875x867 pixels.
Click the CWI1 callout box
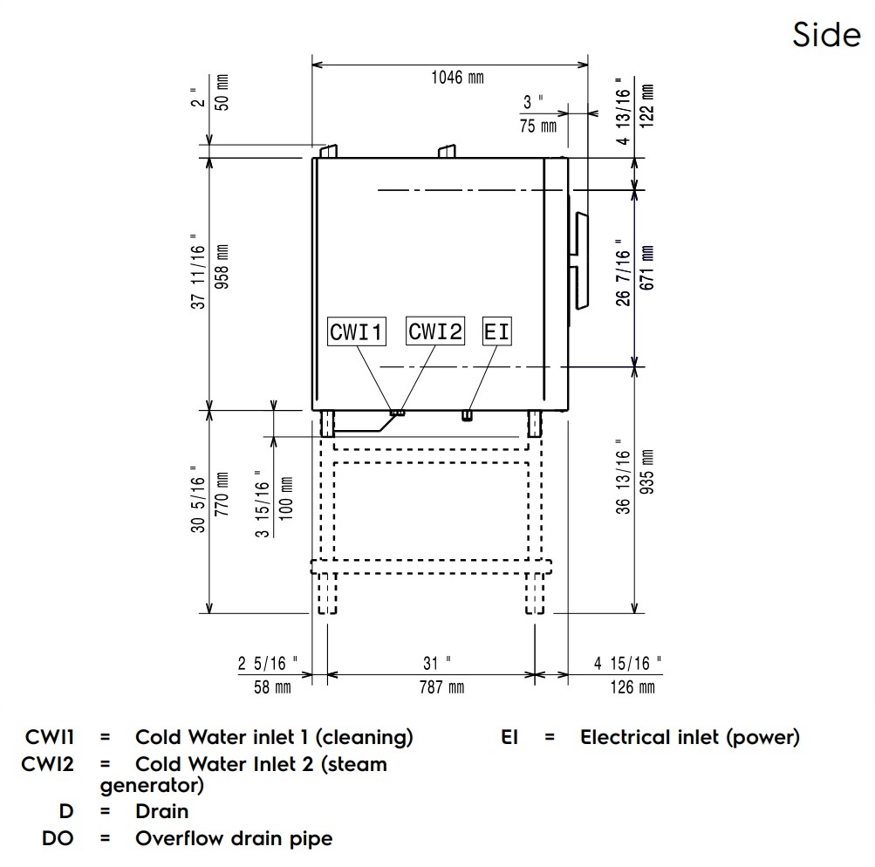357,332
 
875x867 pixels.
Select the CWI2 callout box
436,331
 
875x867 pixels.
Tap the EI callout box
496,332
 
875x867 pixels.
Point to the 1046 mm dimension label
457,78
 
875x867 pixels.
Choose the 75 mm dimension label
538,126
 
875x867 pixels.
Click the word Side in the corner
826,35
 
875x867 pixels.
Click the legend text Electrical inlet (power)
690,737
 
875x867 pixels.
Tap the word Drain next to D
161,811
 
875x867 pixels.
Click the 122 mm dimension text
646,106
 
